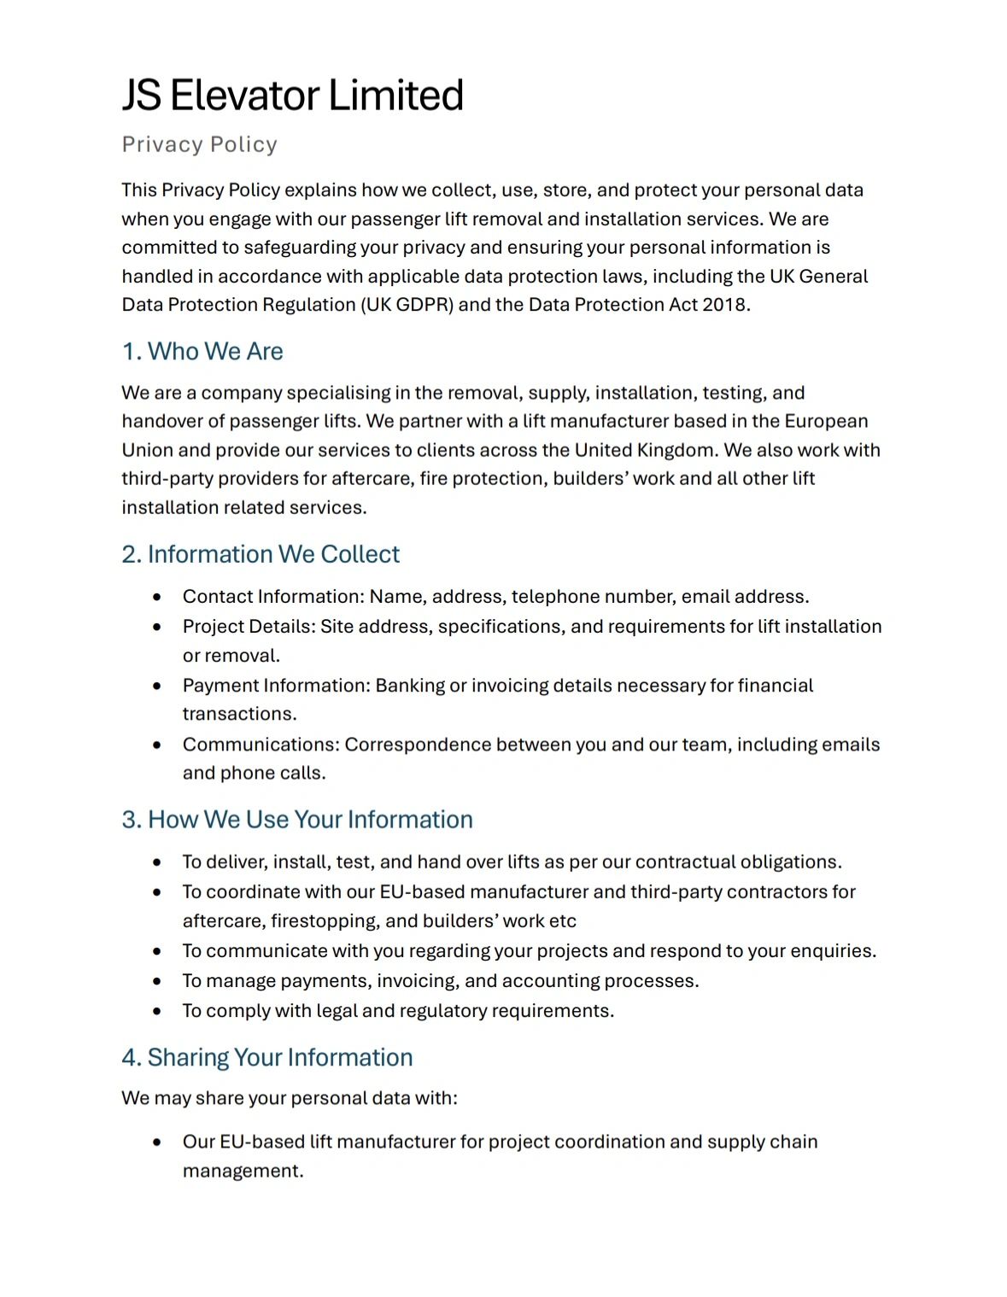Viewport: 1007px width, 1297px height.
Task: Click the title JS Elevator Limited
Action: point(292,95)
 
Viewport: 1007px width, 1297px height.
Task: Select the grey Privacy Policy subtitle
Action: point(199,144)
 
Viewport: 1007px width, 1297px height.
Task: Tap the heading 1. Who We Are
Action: point(202,351)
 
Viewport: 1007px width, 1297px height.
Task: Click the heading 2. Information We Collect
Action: point(261,554)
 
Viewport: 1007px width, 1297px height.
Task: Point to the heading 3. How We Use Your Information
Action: point(297,820)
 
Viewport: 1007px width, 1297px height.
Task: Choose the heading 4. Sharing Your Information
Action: point(267,1057)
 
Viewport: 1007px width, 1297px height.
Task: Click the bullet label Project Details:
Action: point(249,626)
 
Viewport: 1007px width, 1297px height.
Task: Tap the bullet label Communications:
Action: point(261,745)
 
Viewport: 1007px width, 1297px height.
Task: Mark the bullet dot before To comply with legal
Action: point(157,1012)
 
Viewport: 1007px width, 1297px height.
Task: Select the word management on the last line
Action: point(243,1171)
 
